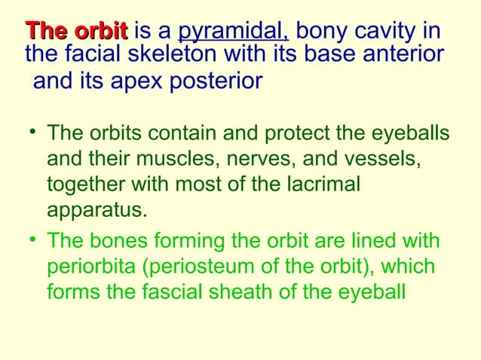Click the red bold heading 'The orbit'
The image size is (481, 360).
pyautogui.click(x=76, y=32)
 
